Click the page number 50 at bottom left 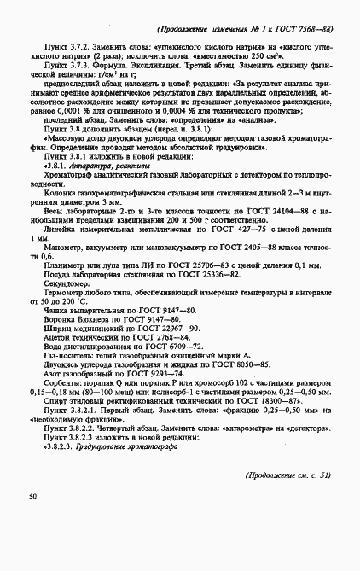(x=32, y=496)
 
